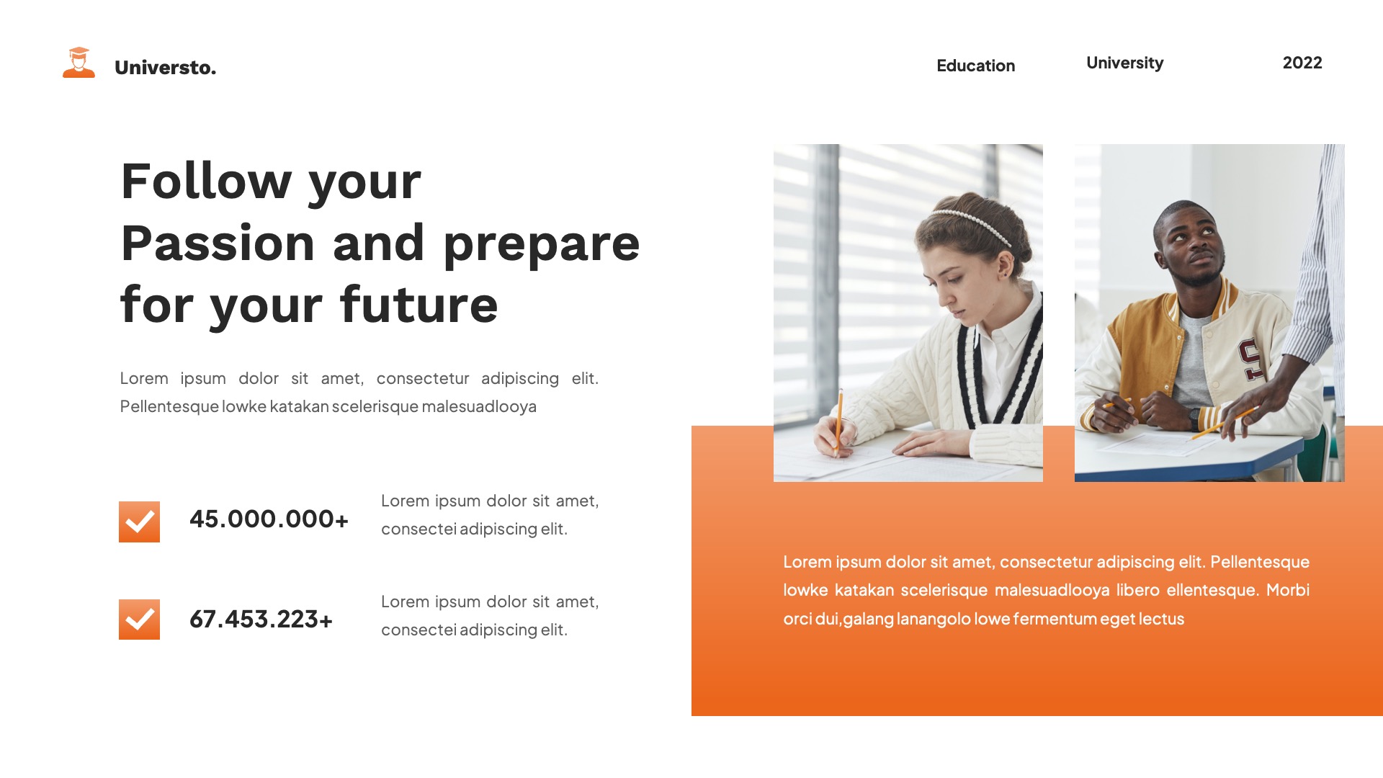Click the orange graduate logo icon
tap(79, 63)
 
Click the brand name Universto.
tap(165, 68)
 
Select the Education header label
tap(975, 66)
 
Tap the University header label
tap(1124, 63)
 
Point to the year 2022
tap(1302, 63)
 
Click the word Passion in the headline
tap(218, 243)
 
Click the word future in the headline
tap(419, 305)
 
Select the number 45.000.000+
tap(269, 519)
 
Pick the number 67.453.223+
tap(261, 619)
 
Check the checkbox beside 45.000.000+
tap(139, 522)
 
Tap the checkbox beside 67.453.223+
tap(139, 620)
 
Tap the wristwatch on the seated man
tap(1195, 419)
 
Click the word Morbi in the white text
tap(1287, 590)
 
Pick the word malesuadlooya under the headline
tap(479, 406)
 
